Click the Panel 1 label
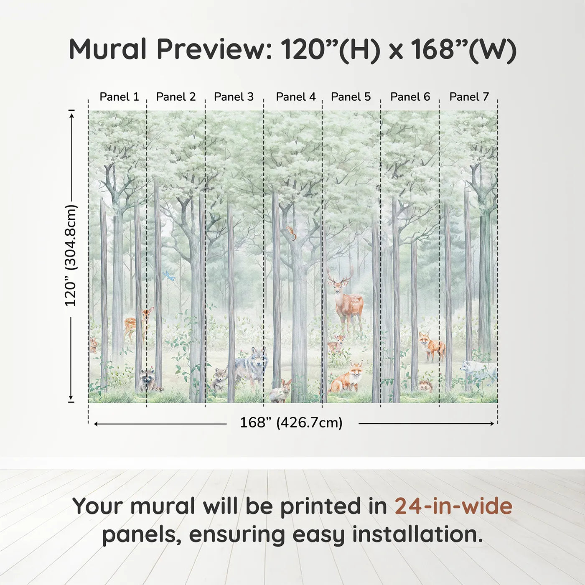pos(119,97)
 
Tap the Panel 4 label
pos(295,97)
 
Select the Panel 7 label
pos(469,97)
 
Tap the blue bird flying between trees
pos(169,276)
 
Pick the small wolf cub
pos(219,379)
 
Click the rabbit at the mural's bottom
pos(281,391)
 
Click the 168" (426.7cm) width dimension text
pos(291,423)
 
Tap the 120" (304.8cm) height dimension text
pos(71,256)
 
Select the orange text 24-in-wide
pos(453,506)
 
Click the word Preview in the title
pos(214,49)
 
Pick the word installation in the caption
pos(417,535)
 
